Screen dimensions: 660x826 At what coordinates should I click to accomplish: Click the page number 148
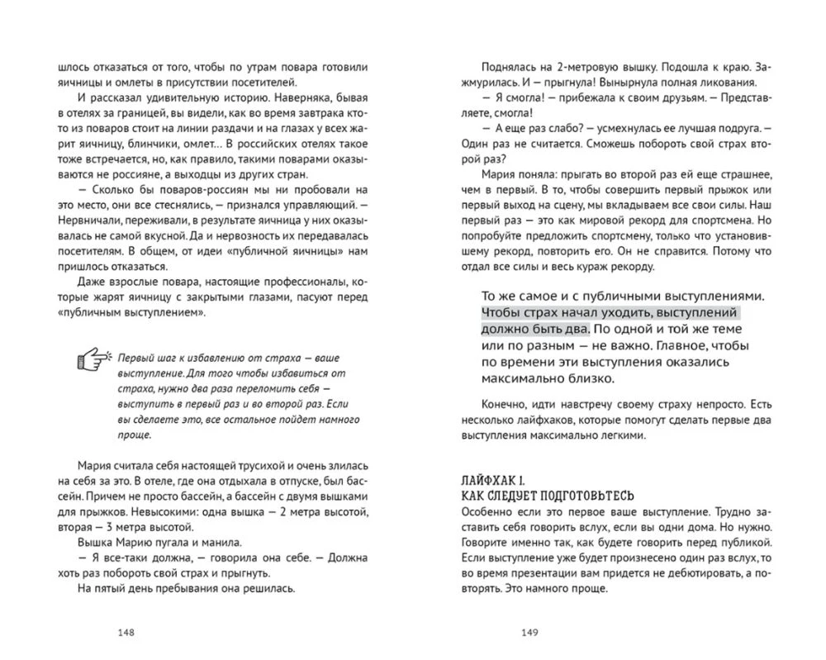click(x=126, y=634)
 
